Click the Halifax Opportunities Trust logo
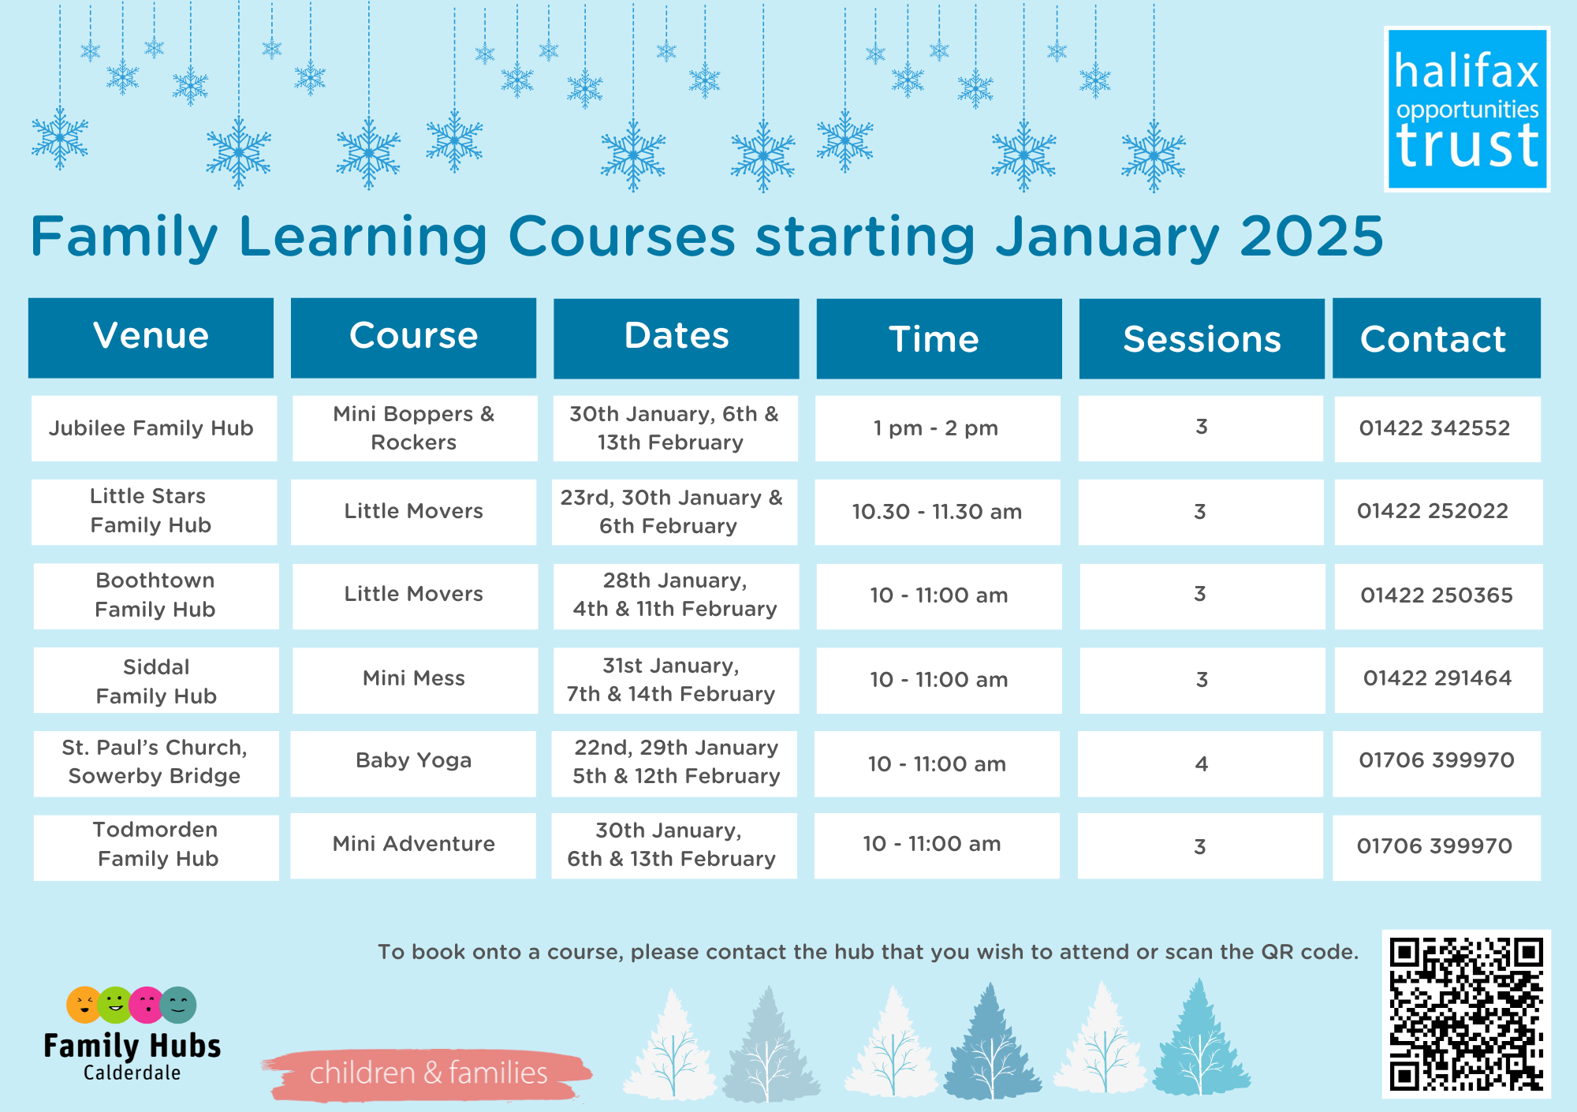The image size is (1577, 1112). point(1467,109)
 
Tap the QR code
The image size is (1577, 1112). point(1466,1013)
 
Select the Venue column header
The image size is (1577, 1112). point(151,338)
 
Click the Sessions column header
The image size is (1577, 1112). point(1202,338)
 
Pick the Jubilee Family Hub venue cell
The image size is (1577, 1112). point(154,428)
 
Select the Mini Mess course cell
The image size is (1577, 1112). point(415,680)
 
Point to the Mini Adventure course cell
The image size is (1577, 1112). point(413,845)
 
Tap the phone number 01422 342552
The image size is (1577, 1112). point(1434,428)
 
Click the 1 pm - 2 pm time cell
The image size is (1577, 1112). point(938,428)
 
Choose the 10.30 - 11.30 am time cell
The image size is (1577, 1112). point(938,512)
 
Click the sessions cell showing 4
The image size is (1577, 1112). point(1201,763)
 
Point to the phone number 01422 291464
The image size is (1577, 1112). point(1437,678)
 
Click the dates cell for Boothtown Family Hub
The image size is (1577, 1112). point(676,596)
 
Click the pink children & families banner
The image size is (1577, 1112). point(427,1073)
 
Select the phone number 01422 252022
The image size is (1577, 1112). point(1433,511)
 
